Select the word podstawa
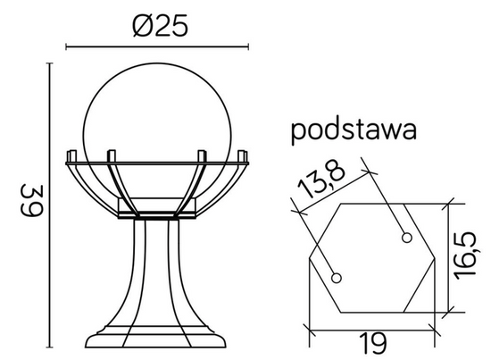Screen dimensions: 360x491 [x=354, y=130]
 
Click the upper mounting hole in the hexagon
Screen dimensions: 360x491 [x=406, y=238]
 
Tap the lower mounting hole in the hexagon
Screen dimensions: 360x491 [x=336, y=279]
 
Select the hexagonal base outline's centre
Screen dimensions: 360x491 [x=370, y=258]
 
